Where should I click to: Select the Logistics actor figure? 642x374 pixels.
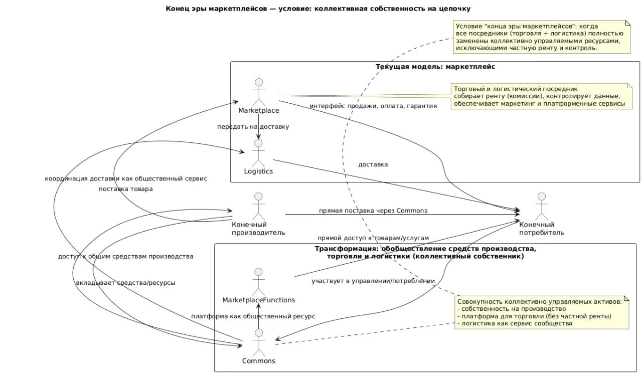pyautogui.click(x=258, y=152)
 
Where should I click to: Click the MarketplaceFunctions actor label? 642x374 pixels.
pyautogui.click(x=258, y=300)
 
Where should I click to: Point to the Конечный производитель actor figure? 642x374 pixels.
pyautogui.click(x=258, y=206)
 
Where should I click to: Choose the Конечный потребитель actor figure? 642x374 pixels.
pyautogui.click(x=541, y=206)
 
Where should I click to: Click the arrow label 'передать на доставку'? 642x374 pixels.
pyautogui.click(x=253, y=127)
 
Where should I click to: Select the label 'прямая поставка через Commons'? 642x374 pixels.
pyautogui.click(x=373, y=211)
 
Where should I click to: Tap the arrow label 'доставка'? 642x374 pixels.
pyautogui.click(x=373, y=164)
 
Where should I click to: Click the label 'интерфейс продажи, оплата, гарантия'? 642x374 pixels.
pyautogui.click(x=373, y=106)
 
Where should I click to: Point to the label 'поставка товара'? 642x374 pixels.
pyautogui.click(x=125, y=189)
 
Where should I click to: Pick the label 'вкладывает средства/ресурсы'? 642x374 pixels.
pyautogui.click(x=125, y=283)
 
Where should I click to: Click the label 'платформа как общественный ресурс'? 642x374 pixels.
pyautogui.click(x=253, y=316)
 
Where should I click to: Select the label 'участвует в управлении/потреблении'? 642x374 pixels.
pyautogui.click(x=373, y=281)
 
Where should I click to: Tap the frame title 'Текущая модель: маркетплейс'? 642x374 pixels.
pyautogui.click(x=435, y=66)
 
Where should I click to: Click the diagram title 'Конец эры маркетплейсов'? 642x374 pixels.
pyautogui.click(x=318, y=9)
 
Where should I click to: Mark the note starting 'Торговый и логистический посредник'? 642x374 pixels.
pyautogui.click(x=541, y=96)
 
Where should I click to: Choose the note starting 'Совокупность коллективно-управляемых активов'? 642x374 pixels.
pyautogui.click(x=541, y=312)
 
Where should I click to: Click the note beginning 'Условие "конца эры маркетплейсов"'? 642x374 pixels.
pyautogui.click(x=541, y=37)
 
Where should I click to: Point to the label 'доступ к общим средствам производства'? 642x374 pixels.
pyautogui.click(x=125, y=257)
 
